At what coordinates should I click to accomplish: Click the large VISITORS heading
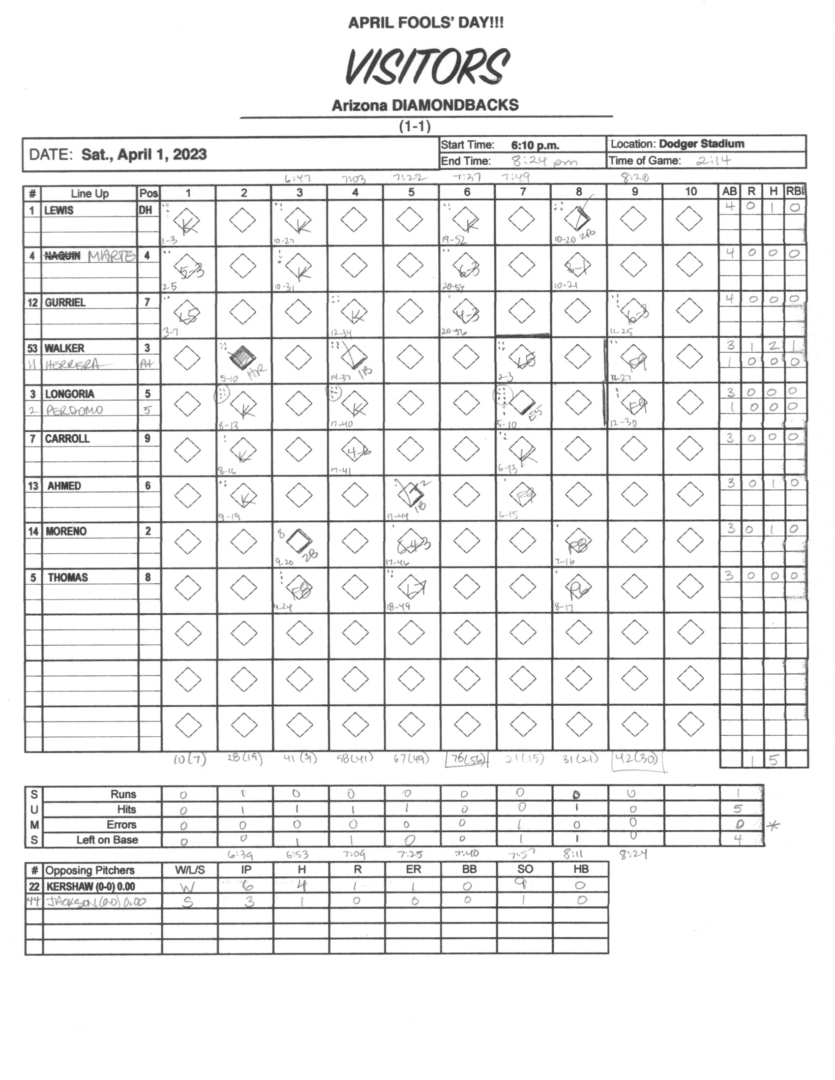pos(426,67)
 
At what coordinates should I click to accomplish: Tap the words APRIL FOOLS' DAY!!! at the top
pos(426,23)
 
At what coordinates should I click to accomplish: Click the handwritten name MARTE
pos(111,256)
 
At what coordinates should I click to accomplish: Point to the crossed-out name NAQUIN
pos(62,256)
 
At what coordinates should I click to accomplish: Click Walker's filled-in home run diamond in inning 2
pos(242,356)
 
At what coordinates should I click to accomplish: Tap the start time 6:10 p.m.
pos(535,146)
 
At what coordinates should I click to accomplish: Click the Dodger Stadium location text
pos(702,144)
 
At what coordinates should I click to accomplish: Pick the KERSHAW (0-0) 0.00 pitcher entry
pos(90,887)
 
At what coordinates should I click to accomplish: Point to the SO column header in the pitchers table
pos(525,870)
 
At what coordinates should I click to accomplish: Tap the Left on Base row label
pos(107,840)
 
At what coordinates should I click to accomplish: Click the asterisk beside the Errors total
pos(774,825)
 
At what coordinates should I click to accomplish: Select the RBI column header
pos(796,192)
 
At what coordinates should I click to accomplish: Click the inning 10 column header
pos(690,192)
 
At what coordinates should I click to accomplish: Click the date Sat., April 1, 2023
pos(144,155)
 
